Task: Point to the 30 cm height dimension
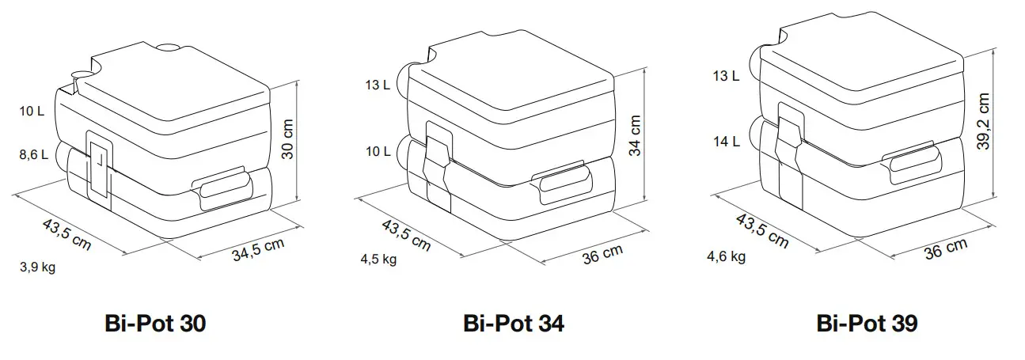289,141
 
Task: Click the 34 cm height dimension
635,135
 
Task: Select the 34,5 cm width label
258,250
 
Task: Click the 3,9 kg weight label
37,267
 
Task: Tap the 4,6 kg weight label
727,256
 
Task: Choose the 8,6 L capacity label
33,156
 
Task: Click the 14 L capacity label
725,142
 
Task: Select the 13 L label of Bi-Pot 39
725,77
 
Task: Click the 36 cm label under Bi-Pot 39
945,250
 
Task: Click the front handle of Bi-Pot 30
223,188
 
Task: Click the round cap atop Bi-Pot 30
168,48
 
